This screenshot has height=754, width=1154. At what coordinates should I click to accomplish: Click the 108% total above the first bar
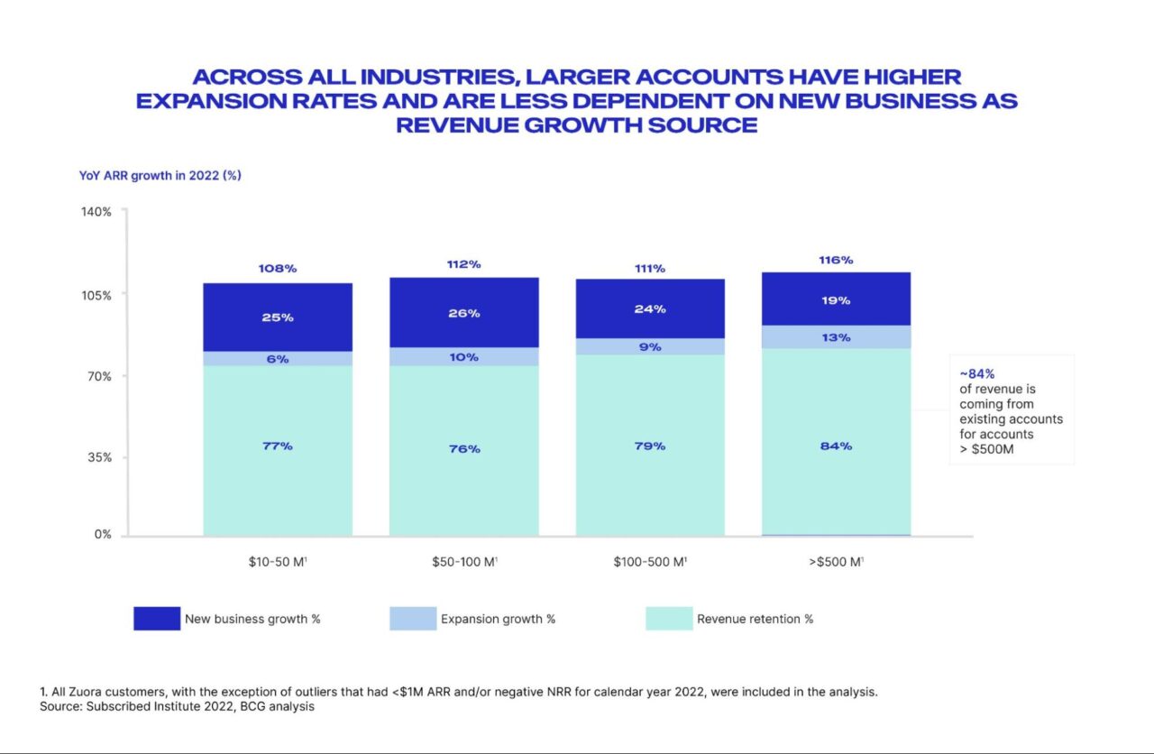tap(277, 269)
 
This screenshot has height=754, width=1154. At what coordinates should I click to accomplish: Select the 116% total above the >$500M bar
tap(836, 260)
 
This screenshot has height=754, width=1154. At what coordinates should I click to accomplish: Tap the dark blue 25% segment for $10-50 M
tap(277, 317)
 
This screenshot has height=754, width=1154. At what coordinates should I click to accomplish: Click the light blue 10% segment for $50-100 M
tap(463, 357)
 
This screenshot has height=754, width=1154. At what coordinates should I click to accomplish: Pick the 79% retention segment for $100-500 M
tap(650, 446)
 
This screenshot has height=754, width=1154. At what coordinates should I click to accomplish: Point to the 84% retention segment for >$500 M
tap(836, 446)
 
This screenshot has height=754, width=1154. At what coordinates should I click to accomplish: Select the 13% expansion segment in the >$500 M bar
tap(836, 337)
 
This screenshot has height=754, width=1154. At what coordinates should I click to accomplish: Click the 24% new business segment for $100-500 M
tap(650, 308)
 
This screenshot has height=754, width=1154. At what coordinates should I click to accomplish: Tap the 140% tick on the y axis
tap(97, 212)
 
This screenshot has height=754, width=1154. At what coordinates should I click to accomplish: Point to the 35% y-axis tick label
tap(99, 456)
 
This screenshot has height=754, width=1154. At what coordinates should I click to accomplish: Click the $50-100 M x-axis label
tap(464, 562)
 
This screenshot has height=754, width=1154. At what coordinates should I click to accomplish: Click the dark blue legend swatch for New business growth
tap(157, 619)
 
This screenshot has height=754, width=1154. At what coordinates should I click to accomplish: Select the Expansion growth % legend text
tap(498, 620)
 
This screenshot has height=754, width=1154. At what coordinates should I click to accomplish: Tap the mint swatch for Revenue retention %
tap(669, 619)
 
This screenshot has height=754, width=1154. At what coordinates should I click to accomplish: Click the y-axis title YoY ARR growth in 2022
tap(160, 176)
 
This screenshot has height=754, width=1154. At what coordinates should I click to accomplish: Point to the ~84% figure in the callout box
tap(977, 373)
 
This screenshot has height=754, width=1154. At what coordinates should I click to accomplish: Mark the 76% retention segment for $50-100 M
tap(463, 449)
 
